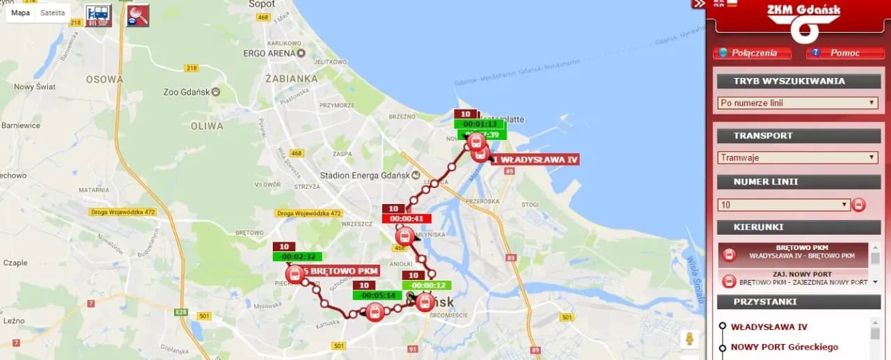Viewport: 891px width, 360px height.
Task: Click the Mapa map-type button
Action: click(x=21, y=13)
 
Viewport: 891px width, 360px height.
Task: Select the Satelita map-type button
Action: click(x=53, y=13)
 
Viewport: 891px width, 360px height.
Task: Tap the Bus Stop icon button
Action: click(x=98, y=15)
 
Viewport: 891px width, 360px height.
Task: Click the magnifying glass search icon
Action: click(x=138, y=15)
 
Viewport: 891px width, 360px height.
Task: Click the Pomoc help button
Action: click(x=839, y=53)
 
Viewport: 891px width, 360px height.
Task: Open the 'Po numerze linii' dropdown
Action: click(x=798, y=103)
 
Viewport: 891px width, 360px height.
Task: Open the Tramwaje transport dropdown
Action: click(x=798, y=157)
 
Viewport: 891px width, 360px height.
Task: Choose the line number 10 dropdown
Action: click(x=784, y=205)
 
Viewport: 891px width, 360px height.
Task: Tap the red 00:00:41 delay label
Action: click(x=407, y=219)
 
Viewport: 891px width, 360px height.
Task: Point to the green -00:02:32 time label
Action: click(x=297, y=256)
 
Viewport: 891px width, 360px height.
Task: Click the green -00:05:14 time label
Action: click(x=377, y=295)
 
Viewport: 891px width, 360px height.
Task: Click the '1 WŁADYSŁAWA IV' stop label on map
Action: click(x=535, y=160)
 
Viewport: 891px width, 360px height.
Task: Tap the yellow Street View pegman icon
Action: click(x=690, y=339)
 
